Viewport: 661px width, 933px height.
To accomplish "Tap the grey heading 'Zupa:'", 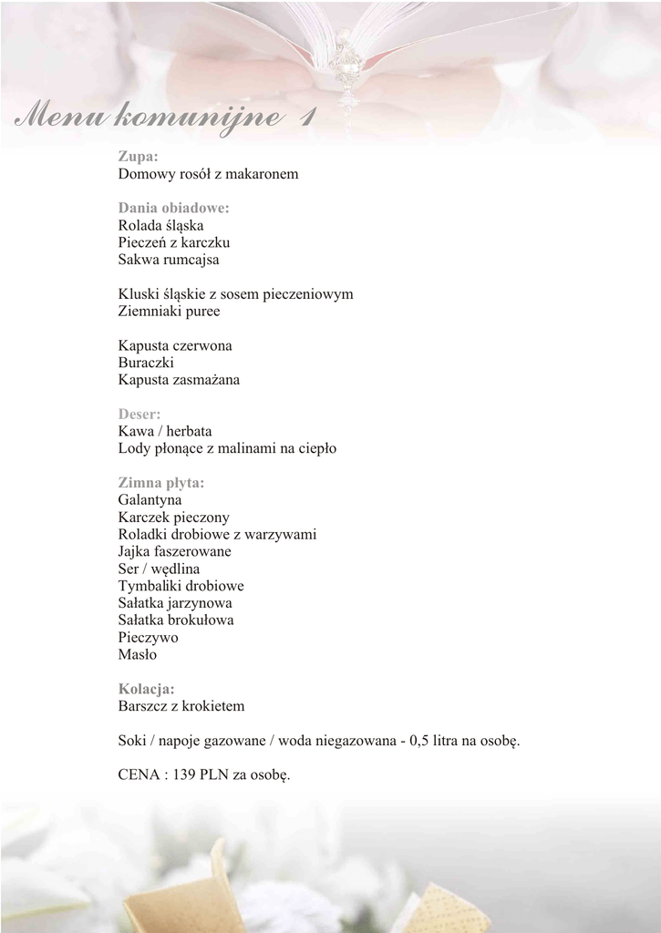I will (x=138, y=156).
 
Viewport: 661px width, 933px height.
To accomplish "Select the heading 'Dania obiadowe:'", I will (x=173, y=208).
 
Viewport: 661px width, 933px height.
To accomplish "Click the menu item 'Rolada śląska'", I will (x=160, y=225).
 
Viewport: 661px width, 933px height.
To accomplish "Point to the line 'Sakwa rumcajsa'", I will (x=168, y=260).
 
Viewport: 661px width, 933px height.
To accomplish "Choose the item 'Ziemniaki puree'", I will (x=169, y=312).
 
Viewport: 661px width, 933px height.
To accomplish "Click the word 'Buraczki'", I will (x=146, y=363).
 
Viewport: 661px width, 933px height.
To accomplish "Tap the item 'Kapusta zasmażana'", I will (x=179, y=380).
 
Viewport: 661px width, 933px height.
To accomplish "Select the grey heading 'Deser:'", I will (x=139, y=415).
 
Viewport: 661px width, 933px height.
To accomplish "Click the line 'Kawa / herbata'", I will (x=164, y=431).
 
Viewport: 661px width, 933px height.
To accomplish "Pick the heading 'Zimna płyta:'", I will (x=160, y=483).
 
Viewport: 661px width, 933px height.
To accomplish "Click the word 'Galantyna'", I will (x=150, y=500).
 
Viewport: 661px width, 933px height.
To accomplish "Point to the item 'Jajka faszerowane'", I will (x=174, y=551).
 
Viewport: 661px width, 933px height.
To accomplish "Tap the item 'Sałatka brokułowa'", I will (x=176, y=620).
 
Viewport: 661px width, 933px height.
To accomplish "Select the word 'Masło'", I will (x=138, y=655).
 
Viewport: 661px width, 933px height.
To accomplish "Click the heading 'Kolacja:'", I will (x=146, y=689).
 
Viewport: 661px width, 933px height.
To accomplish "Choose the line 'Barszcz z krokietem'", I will (x=181, y=706).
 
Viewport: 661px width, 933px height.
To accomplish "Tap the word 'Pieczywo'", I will (x=148, y=638).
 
